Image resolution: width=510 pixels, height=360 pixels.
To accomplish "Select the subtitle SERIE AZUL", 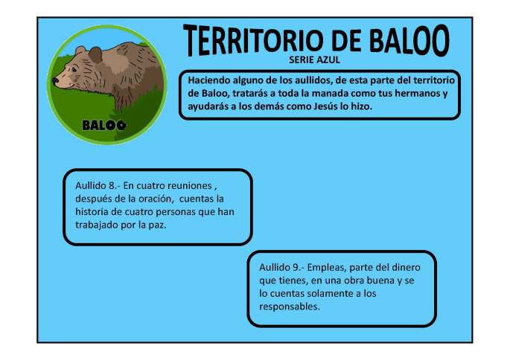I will [x=313, y=60].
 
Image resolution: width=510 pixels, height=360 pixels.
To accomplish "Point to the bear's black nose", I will [x=55, y=80].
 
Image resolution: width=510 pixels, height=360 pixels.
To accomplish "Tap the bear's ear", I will [x=81, y=51].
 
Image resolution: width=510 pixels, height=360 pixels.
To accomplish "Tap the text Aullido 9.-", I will [x=282, y=266].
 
